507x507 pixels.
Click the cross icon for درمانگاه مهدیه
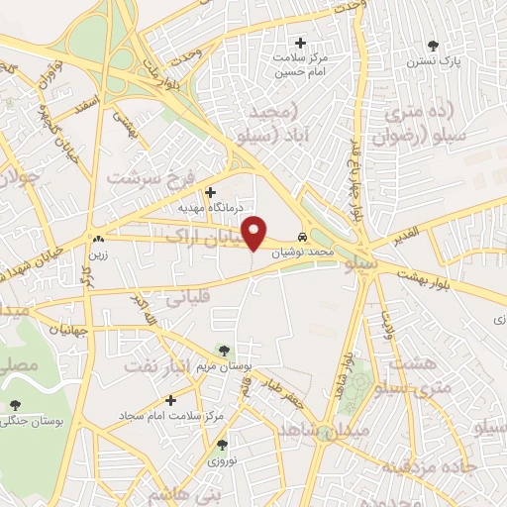209,192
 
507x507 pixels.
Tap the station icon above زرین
97,239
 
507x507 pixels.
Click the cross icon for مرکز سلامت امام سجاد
171,401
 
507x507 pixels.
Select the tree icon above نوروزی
222,445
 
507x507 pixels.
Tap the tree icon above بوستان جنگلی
15,404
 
